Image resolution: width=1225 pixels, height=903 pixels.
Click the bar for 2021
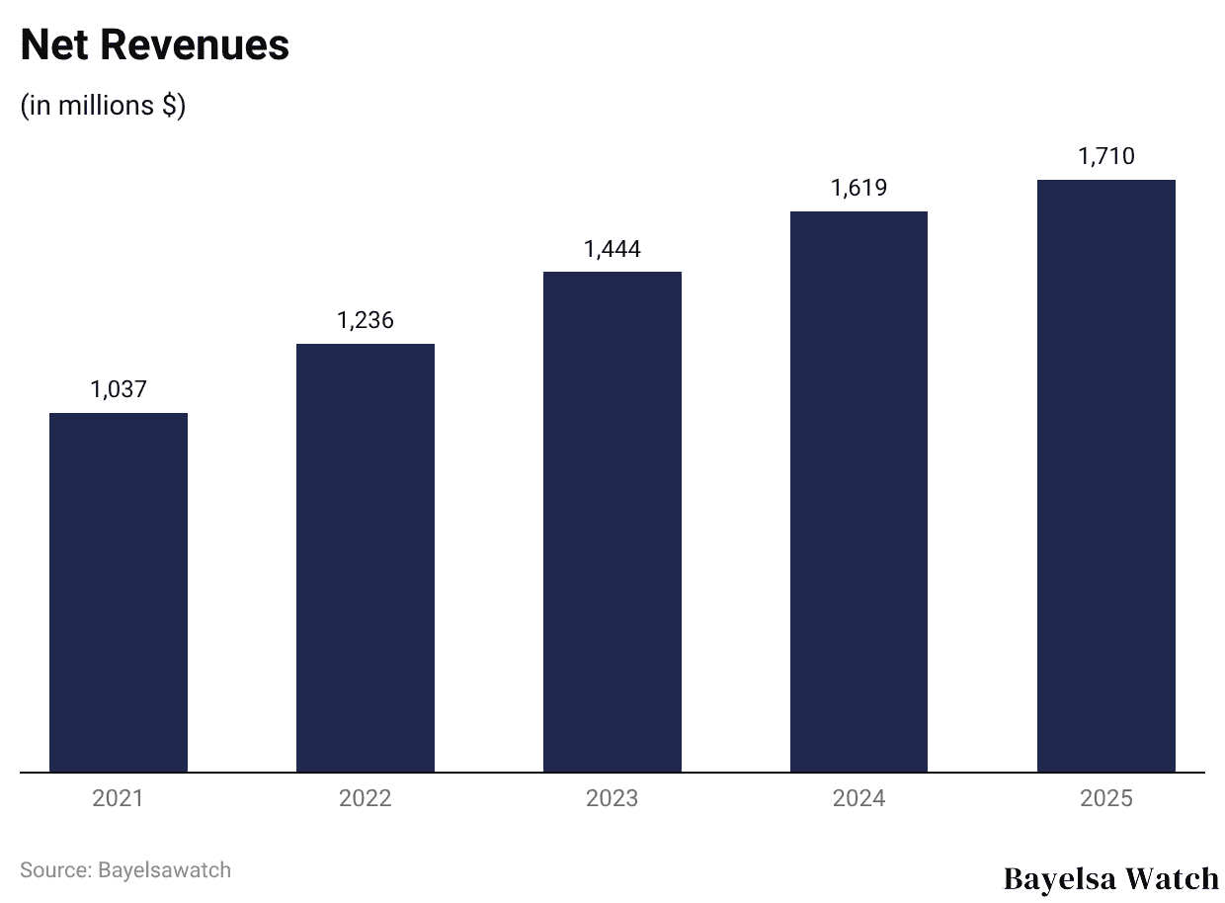119,592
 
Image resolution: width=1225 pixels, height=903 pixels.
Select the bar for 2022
366,557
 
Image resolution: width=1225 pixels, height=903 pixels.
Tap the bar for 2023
612,522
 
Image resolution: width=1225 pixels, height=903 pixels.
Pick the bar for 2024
858,491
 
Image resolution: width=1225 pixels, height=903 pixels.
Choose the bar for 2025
1105,475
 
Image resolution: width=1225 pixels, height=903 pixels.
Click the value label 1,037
119,389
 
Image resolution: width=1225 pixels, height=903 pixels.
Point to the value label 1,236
366,320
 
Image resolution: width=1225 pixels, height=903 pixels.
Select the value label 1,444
612,249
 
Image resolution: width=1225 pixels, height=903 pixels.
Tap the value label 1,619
858,188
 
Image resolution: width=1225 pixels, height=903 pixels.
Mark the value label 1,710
1105,156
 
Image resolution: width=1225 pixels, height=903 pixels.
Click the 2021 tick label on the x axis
119,798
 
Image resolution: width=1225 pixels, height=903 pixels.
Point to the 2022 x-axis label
366,798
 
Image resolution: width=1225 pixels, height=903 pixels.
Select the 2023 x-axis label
612,798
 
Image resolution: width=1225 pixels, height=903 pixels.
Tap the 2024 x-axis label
858,798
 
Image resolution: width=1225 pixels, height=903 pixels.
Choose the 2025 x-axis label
1105,798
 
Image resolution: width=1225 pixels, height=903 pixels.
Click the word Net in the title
54,45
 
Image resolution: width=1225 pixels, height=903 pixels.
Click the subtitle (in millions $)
103,106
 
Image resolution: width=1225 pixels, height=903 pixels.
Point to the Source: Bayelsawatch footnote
125,870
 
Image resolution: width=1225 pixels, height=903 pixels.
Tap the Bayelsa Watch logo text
1111,878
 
